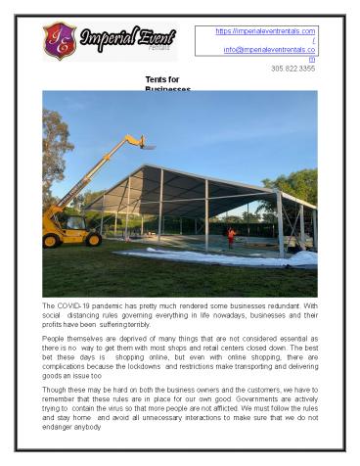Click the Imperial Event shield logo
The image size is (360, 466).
(60, 41)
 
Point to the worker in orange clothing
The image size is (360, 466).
(231, 235)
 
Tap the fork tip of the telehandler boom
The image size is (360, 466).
(150, 147)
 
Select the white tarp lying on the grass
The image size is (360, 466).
(225, 258)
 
